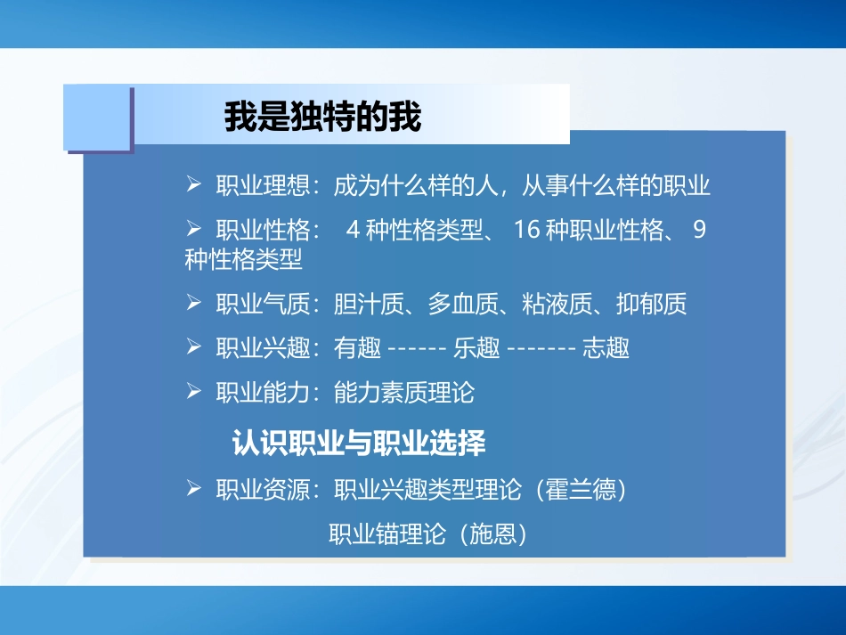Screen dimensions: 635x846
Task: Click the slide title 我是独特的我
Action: [322, 117]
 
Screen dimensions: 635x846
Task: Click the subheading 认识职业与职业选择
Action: [359, 443]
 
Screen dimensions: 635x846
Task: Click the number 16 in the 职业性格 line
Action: [527, 230]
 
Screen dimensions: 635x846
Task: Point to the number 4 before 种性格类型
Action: [352, 230]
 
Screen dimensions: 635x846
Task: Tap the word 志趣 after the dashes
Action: [606, 348]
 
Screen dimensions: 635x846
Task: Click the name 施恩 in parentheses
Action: [492, 533]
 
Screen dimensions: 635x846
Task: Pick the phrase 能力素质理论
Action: [404, 392]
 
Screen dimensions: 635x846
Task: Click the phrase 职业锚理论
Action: [387, 533]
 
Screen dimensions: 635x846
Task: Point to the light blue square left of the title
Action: [97, 117]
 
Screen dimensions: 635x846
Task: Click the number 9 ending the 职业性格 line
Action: [699, 230]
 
